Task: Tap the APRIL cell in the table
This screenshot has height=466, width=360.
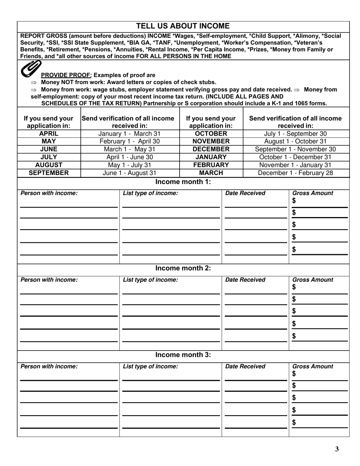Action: (x=49, y=133)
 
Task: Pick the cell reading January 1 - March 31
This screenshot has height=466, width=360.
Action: (x=129, y=133)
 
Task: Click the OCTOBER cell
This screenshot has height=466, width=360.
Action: (x=211, y=133)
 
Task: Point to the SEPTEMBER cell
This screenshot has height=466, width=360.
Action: (x=49, y=173)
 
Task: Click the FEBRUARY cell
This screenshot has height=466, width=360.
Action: (x=211, y=165)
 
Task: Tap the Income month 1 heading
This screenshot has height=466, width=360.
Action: (x=183, y=182)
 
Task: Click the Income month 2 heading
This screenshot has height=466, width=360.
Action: (x=183, y=268)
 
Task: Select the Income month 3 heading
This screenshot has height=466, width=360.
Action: (x=183, y=355)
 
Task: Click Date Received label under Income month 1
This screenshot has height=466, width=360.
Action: (x=245, y=193)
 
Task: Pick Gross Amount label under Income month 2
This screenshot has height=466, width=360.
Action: (x=313, y=280)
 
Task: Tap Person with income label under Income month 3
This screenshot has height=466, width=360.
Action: (x=49, y=366)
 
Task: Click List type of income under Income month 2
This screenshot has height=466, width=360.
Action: (x=150, y=280)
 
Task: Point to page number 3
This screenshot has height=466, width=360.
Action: (x=337, y=449)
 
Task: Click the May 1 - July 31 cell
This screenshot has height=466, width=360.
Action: (x=129, y=165)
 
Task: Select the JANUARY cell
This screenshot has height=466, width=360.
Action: (x=211, y=157)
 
